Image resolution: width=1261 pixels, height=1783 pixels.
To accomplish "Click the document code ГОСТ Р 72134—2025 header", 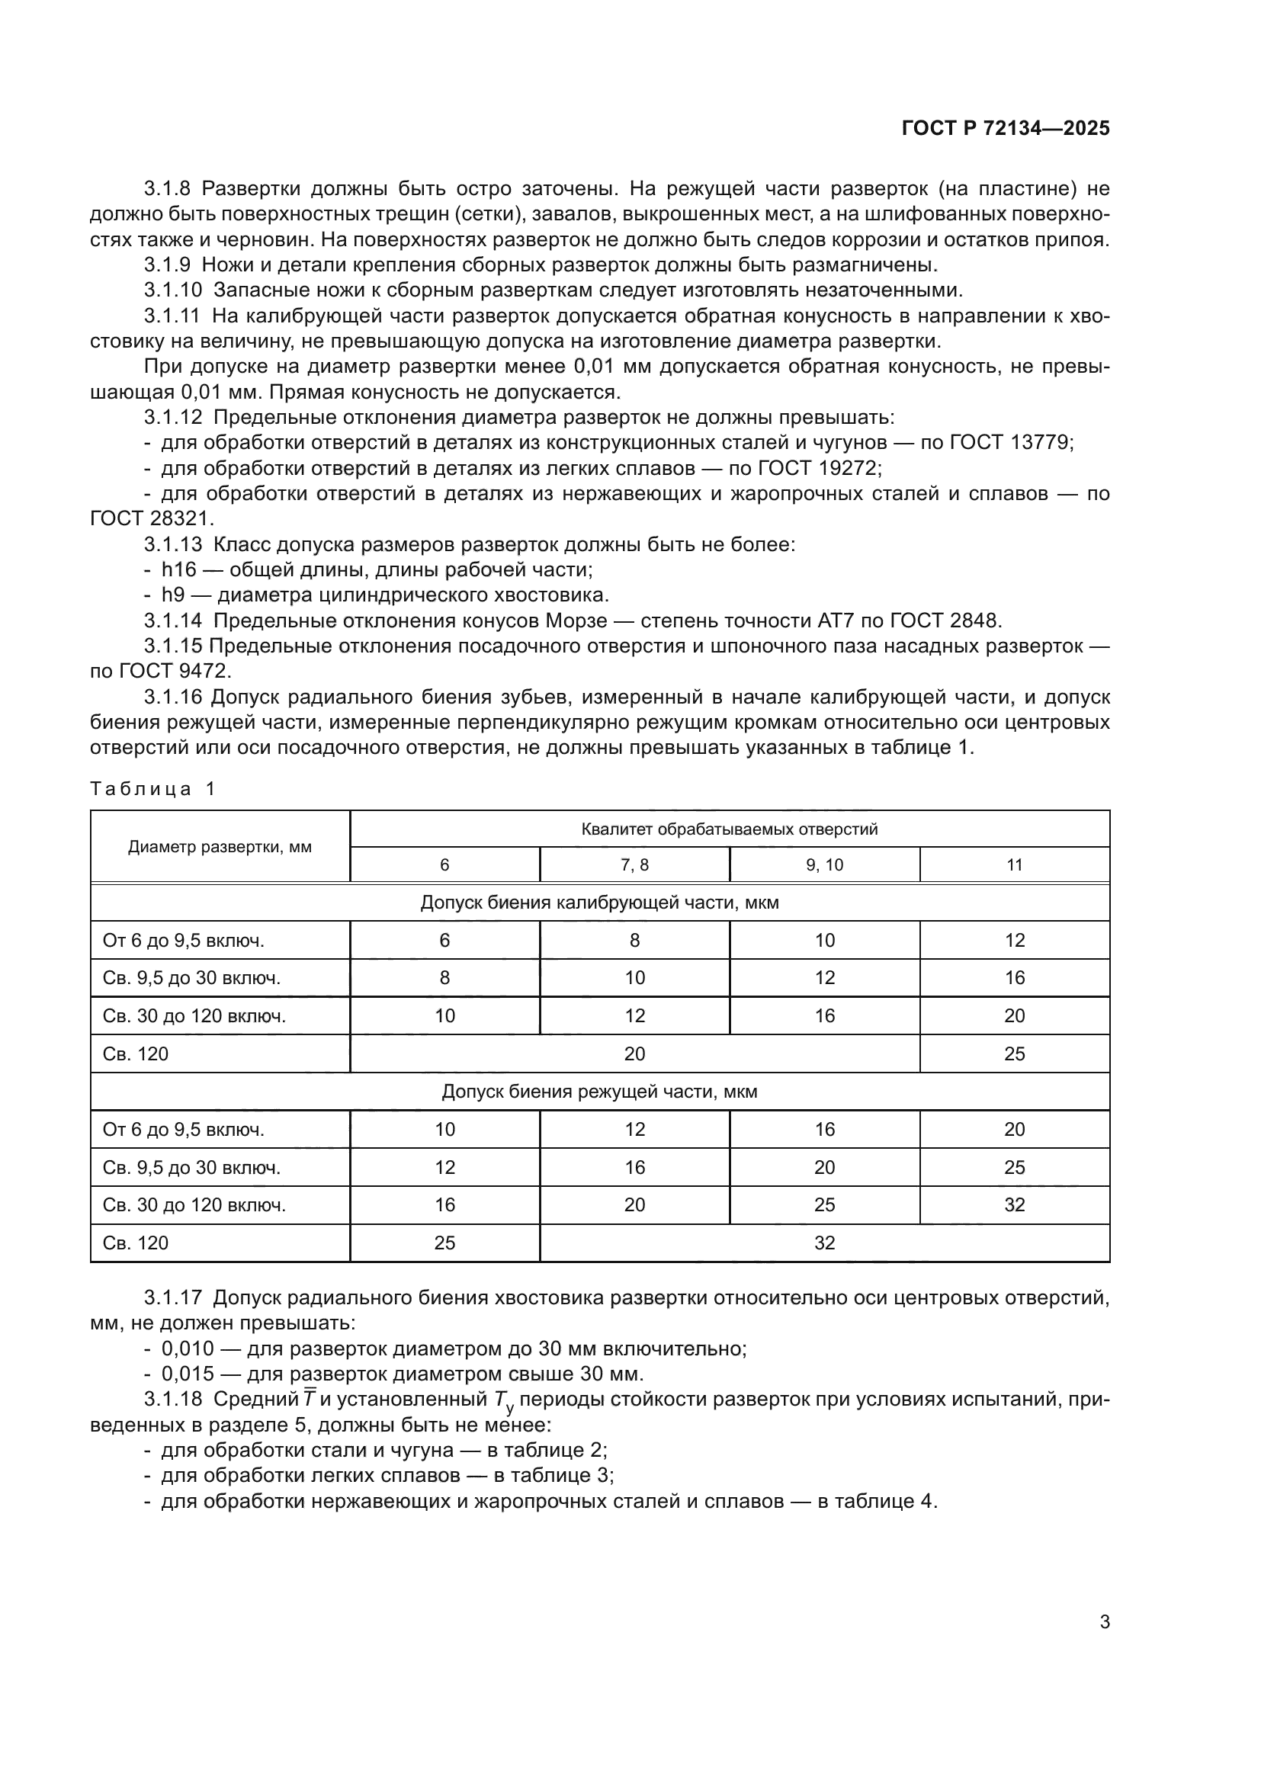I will pos(1006,129).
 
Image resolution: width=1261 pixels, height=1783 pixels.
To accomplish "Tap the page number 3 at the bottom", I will pos(1104,1621).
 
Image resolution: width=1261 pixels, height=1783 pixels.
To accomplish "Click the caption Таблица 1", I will pos(153,789).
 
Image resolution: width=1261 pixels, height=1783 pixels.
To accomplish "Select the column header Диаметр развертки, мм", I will pos(220,847).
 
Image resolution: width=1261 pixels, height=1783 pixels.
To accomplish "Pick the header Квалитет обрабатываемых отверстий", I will pos(729,829).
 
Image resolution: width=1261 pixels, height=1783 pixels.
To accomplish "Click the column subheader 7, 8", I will pos(634,865).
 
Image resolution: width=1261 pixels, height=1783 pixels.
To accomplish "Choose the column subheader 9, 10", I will pos(824,865).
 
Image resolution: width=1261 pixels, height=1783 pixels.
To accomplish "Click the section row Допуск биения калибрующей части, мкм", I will pos(599,903).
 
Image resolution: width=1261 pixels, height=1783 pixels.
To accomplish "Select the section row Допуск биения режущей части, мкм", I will pos(599,1092).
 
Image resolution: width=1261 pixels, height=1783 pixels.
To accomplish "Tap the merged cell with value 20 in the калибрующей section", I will pos(634,1053).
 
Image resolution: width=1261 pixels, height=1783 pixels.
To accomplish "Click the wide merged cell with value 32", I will pos(824,1243).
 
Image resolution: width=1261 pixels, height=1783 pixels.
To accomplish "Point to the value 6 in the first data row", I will pos(444,941).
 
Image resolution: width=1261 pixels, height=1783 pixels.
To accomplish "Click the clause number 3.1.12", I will pos(172,418).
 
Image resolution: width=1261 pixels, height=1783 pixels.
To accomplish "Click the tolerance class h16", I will pos(178,570).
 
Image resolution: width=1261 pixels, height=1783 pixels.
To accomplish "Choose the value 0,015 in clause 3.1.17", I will pos(187,1374).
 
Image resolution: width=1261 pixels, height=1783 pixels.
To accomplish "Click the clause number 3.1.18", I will pos(172,1400).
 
